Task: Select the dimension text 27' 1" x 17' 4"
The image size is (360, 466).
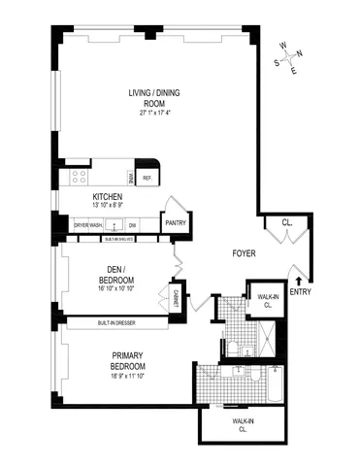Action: pyautogui.click(x=154, y=114)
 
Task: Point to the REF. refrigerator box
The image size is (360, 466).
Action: pyautogui.click(x=148, y=178)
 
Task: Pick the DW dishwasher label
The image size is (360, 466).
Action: pyautogui.click(x=132, y=225)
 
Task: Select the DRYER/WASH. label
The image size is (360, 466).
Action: pyautogui.click(x=88, y=225)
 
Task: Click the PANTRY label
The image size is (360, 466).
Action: pyautogui.click(x=176, y=222)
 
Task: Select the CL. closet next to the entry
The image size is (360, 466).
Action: pyautogui.click(x=287, y=223)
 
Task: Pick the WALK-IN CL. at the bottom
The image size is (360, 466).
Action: pyautogui.click(x=242, y=423)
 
